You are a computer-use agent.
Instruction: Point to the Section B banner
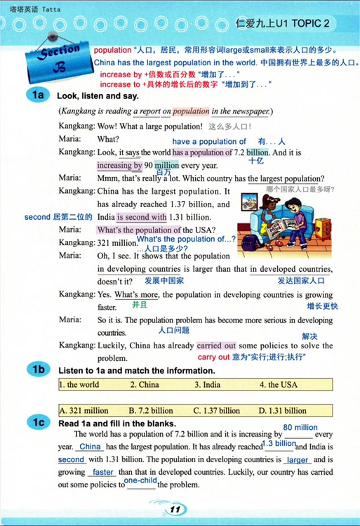(x=53, y=60)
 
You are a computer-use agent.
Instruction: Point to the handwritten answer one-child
(x=140, y=480)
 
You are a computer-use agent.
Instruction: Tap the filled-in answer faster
(x=102, y=472)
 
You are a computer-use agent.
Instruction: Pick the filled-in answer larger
(x=298, y=460)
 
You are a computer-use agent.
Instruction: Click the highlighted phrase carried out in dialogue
(x=216, y=346)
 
